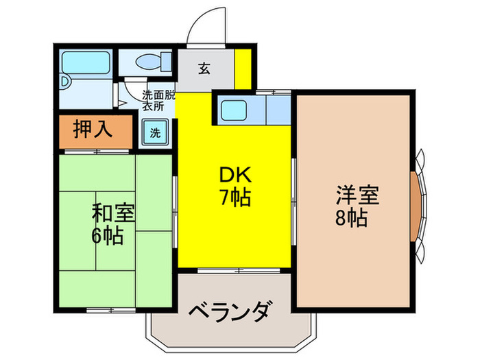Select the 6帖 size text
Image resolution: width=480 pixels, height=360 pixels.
(x=108, y=237)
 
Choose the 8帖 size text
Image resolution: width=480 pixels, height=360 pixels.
(x=351, y=219)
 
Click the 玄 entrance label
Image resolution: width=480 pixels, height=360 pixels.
(x=204, y=68)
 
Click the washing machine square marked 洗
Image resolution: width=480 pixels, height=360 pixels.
(x=155, y=132)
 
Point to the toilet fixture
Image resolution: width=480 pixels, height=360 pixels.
(x=150, y=62)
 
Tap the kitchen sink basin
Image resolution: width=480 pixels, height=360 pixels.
(x=235, y=108)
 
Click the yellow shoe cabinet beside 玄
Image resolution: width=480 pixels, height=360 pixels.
(x=241, y=67)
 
